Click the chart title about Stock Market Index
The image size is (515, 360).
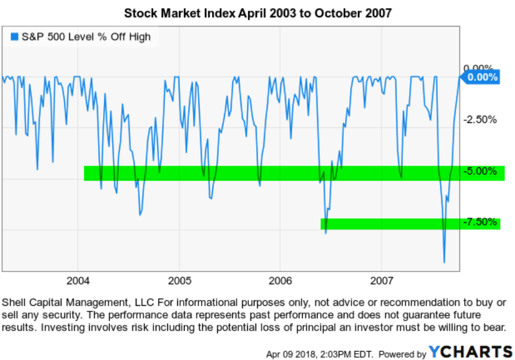point(257,13)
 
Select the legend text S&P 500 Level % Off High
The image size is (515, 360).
point(86,37)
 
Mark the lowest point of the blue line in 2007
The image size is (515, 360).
point(444,262)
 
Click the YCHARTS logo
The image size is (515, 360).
point(470,352)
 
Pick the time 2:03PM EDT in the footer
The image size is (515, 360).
point(343,353)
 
